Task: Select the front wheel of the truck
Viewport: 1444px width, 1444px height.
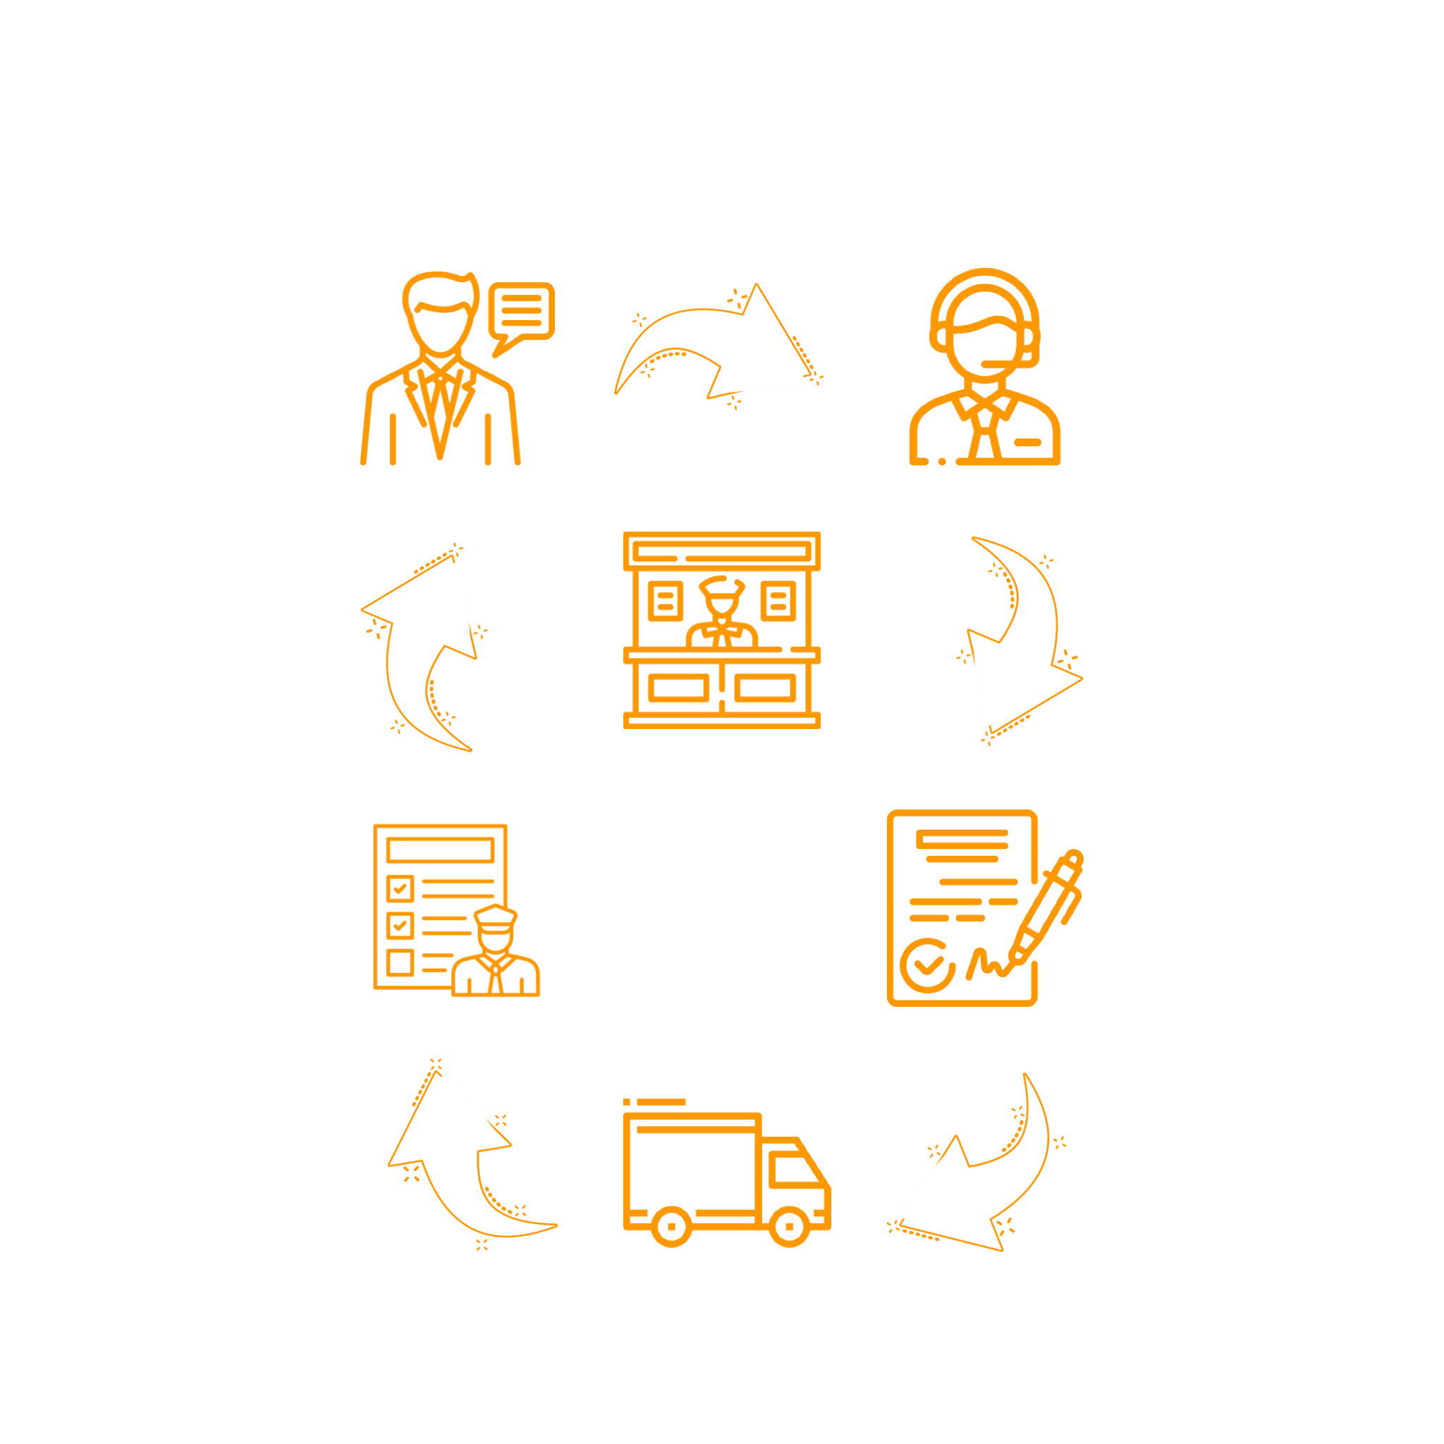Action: coord(789,1227)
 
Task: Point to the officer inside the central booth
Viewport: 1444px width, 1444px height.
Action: coord(721,611)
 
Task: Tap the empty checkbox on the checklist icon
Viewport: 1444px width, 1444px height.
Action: coord(400,962)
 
